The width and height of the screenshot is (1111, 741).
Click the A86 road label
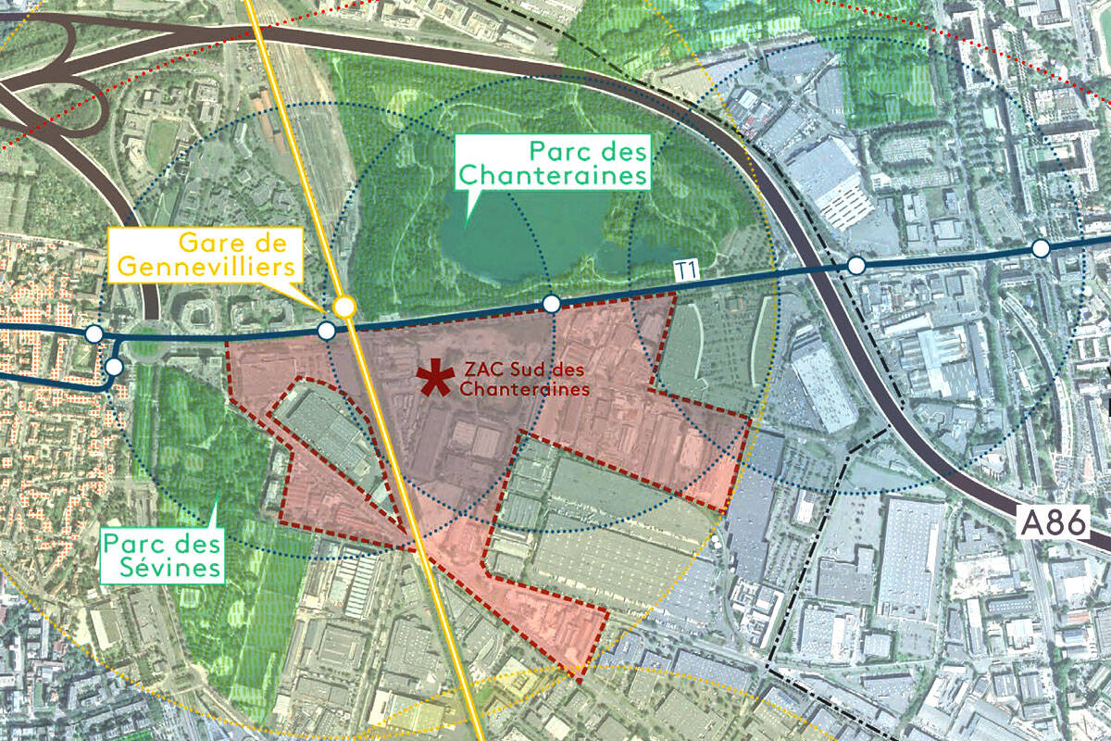pyautogui.click(x=1052, y=523)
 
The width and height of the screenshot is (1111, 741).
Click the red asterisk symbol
pyautogui.click(x=431, y=378)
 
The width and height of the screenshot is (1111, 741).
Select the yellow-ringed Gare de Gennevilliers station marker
pyautogui.click(x=344, y=306)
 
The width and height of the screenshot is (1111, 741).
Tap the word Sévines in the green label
pyautogui.click(x=163, y=566)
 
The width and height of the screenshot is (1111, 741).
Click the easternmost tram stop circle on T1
pyautogui.click(x=1041, y=248)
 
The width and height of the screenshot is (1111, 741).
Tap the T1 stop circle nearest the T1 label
pyautogui.click(x=551, y=304)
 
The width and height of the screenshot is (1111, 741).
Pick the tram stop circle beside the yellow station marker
pyautogui.click(x=326, y=331)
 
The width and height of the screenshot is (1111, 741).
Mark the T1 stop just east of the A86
pyautogui.click(x=856, y=266)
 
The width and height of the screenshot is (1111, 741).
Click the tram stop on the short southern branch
pyautogui.click(x=113, y=367)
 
